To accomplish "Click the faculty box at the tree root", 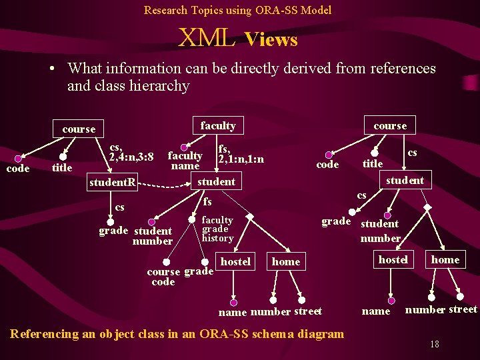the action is point(218,125).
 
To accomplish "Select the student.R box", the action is point(113,182).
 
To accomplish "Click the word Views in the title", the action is point(271,40).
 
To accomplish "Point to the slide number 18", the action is point(434,344).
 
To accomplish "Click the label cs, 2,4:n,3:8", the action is point(131,153).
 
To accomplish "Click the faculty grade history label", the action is point(217,229).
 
